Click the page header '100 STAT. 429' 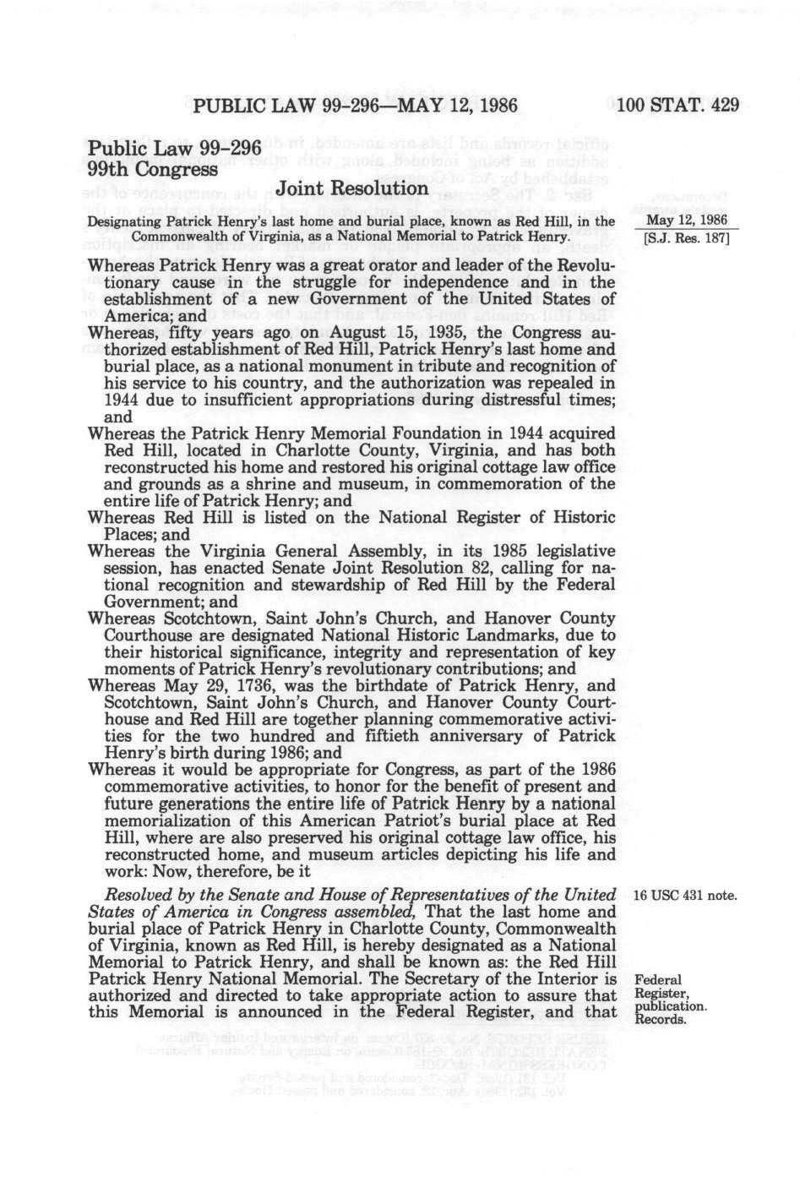(678, 106)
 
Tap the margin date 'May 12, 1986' (685, 220)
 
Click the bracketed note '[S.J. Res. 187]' (685, 237)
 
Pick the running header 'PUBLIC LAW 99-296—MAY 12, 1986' (355, 106)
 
